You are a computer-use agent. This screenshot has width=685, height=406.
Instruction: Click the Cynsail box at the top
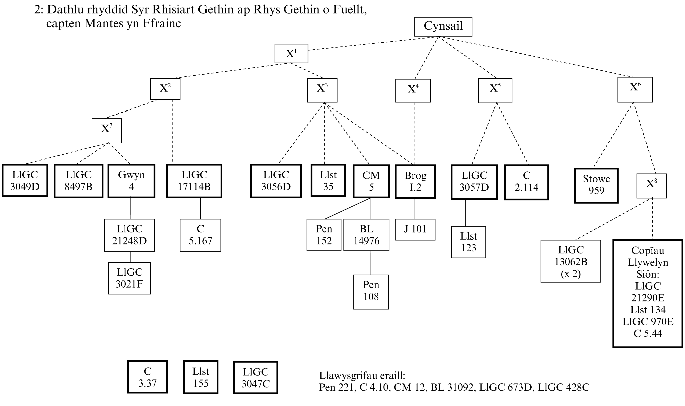pyautogui.click(x=443, y=27)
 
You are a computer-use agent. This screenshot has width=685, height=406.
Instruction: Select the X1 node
pyautogui.click(x=291, y=53)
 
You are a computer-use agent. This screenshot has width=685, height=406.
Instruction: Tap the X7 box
pyautogui.click(x=107, y=130)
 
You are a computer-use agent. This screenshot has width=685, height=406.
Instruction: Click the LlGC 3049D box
pyautogui.click(x=25, y=180)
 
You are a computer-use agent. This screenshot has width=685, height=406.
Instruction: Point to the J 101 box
pyautogui.click(x=415, y=229)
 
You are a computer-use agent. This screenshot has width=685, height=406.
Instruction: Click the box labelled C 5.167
pyautogui.click(x=200, y=235)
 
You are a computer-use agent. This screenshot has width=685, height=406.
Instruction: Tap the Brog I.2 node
pyautogui.click(x=415, y=181)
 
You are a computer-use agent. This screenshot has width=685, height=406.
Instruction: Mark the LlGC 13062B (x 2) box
pyautogui.click(x=571, y=261)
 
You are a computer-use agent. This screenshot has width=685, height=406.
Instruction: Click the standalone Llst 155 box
pyautogui.click(x=200, y=377)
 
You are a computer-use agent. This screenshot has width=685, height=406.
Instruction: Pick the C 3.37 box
pyautogui.click(x=147, y=377)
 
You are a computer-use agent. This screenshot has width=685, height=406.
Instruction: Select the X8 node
pyautogui.click(x=651, y=186)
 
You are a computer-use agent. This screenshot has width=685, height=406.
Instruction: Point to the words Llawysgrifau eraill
pyautogui.click(x=362, y=375)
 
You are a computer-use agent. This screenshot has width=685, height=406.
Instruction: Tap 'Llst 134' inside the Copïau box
pyautogui.click(x=648, y=309)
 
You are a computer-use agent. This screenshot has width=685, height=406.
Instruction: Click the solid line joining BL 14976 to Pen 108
pyautogui.click(x=370, y=263)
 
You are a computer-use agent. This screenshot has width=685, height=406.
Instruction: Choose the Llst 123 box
pyautogui.click(x=468, y=242)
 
